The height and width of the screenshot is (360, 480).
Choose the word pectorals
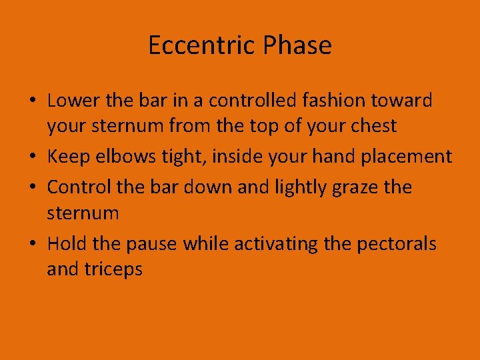click(397, 245)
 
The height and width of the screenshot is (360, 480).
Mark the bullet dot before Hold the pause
click(33, 245)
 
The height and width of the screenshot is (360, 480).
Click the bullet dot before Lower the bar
click(33, 101)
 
